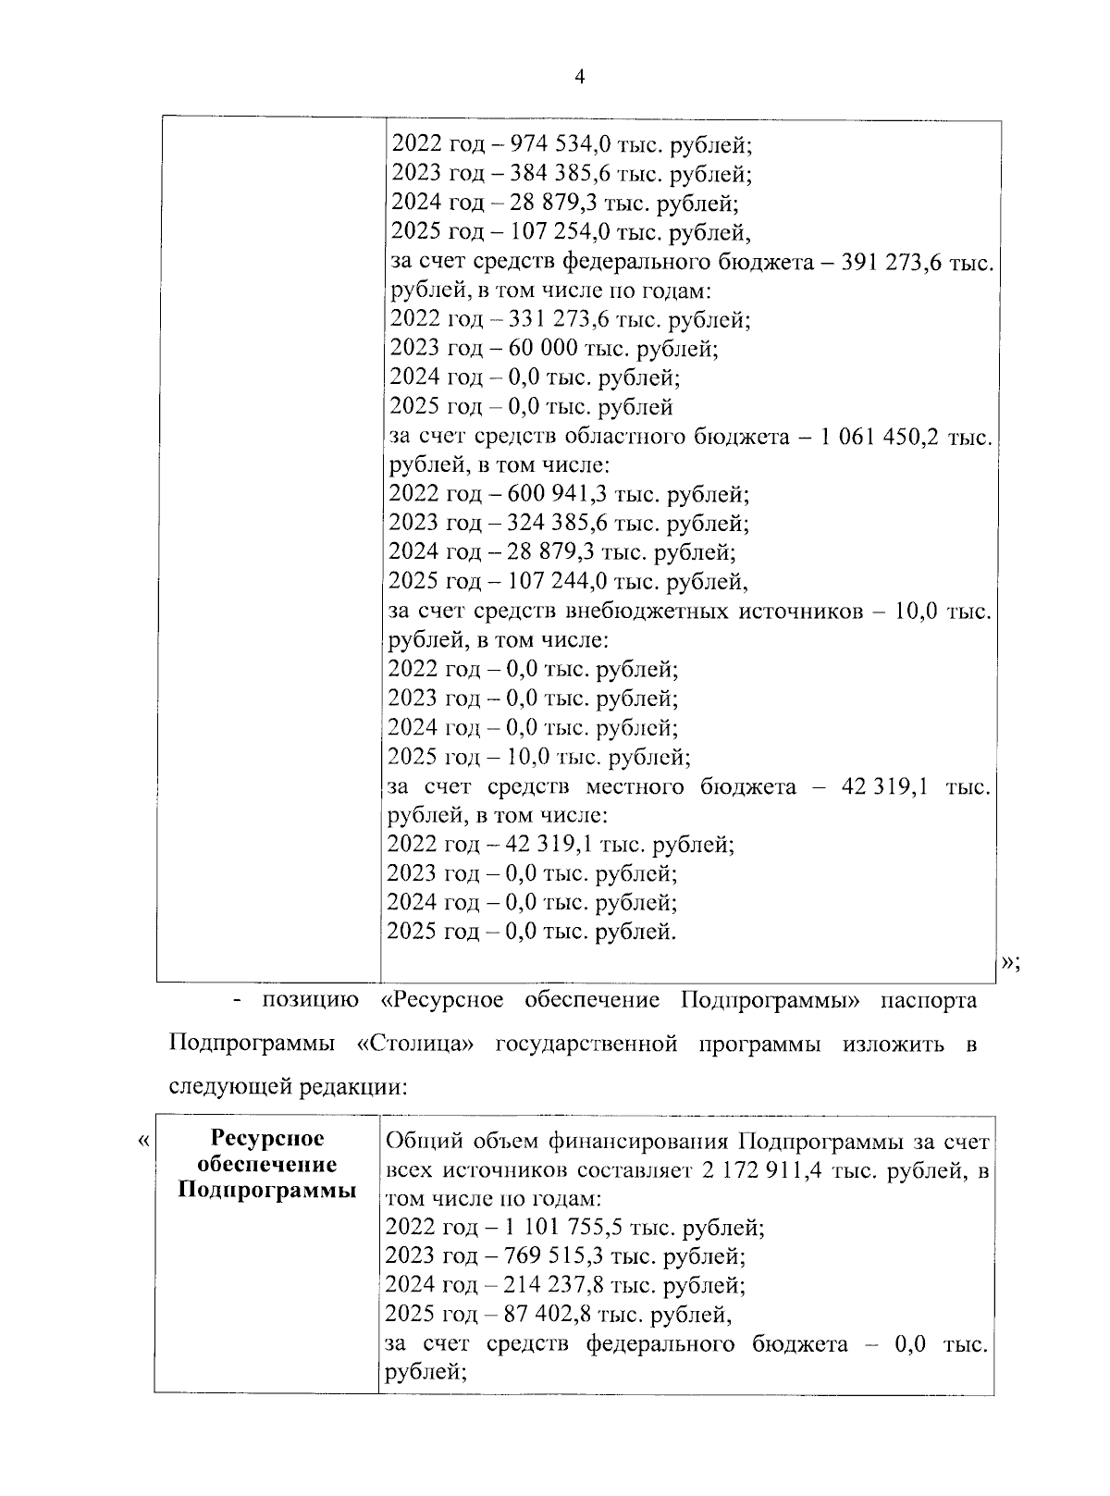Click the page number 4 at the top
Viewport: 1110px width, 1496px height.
tap(579, 78)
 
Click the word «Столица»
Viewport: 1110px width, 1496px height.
tap(416, 1044)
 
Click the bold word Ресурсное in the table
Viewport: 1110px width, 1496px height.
tap(268, 1139)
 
